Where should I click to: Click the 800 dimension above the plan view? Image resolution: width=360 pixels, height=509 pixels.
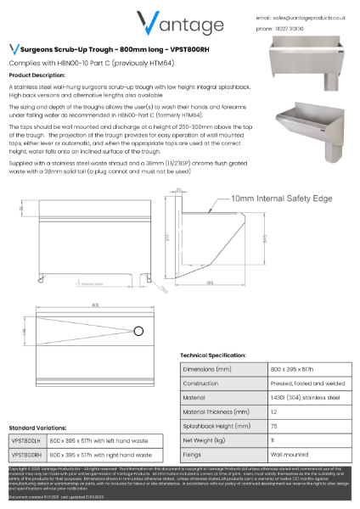tap(84, 305)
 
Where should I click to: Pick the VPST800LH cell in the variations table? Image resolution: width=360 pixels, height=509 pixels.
tap(26, 442)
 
